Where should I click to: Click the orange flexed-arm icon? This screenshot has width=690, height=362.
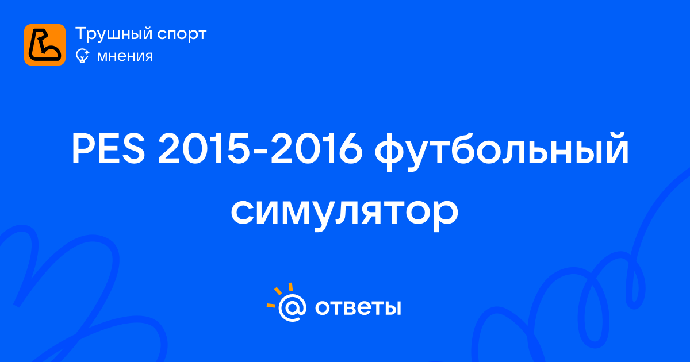point(45,45)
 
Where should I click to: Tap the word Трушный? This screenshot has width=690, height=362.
point(113,34)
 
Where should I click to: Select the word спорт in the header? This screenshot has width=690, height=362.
point(182,35)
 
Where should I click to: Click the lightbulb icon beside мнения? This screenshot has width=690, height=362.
point(82,56)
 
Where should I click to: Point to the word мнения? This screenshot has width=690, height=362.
point(125,57)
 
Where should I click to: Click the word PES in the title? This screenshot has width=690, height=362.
point(108,149)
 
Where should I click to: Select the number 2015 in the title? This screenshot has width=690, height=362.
point(204,149)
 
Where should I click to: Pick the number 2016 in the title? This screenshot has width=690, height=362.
point(316,149)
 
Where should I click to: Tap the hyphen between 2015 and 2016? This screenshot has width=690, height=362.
point(260,152)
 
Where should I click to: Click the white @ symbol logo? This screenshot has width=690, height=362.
point(292,307)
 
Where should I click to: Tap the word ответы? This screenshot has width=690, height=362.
point(358,307)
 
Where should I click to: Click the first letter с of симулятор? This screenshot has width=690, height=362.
point(243,213)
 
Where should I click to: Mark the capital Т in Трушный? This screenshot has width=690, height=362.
point(82,33)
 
